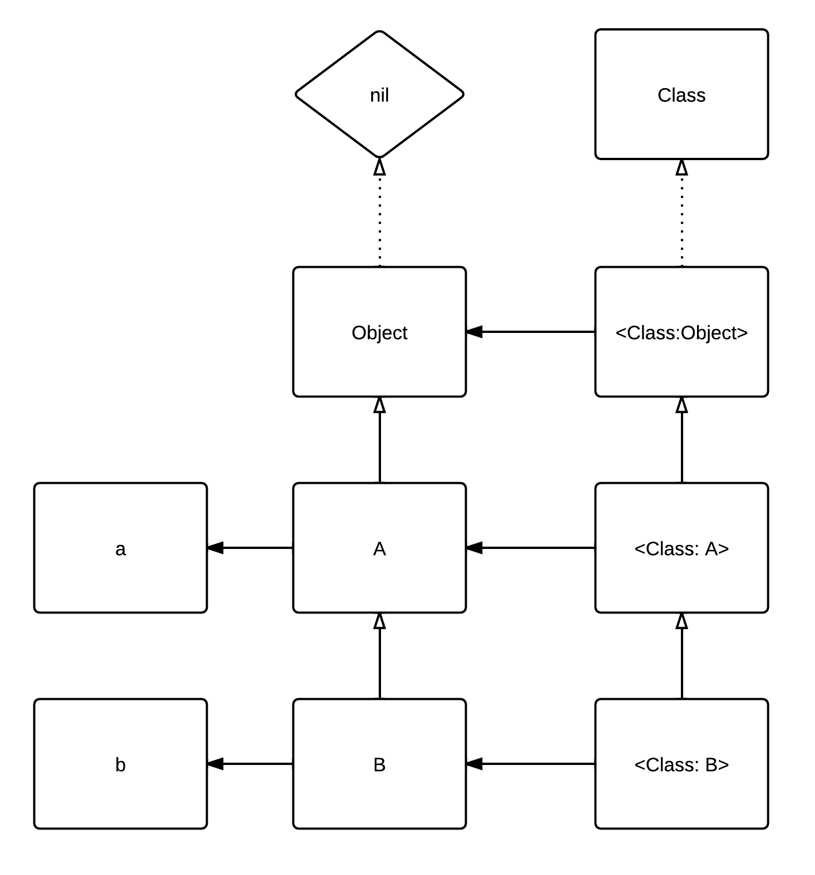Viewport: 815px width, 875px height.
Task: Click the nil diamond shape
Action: click(x=379, y=94)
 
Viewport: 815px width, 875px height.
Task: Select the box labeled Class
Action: click(x=681, y=94)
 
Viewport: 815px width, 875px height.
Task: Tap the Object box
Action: click(x=379, y=332)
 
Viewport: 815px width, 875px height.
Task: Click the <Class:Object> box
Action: click(x=681, y=332)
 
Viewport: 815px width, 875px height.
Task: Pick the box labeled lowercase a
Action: click(x=120, y=548)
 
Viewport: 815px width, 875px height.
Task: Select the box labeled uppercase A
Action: click(x=379, y=548)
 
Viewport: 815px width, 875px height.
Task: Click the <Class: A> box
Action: click(x=681, y=548)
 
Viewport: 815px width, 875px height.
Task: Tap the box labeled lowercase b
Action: click(x=120, y=764)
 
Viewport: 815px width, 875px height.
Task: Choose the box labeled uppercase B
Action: click(x=379, y=764)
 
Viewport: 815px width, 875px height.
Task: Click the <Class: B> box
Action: click(x=681, y=764)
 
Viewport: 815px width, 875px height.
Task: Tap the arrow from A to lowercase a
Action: click(x=251, y=548)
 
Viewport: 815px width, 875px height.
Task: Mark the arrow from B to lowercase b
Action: click(x=251, y=764)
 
